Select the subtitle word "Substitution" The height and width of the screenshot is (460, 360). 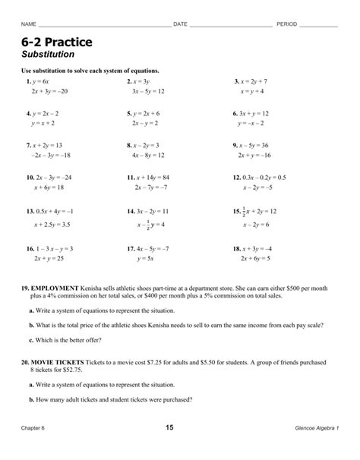coord(48,55)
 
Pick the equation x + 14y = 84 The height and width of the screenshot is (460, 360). coord(152,176)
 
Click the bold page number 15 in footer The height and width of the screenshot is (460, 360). coord(169,427)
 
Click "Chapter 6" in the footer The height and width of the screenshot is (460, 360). coord(36,429)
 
